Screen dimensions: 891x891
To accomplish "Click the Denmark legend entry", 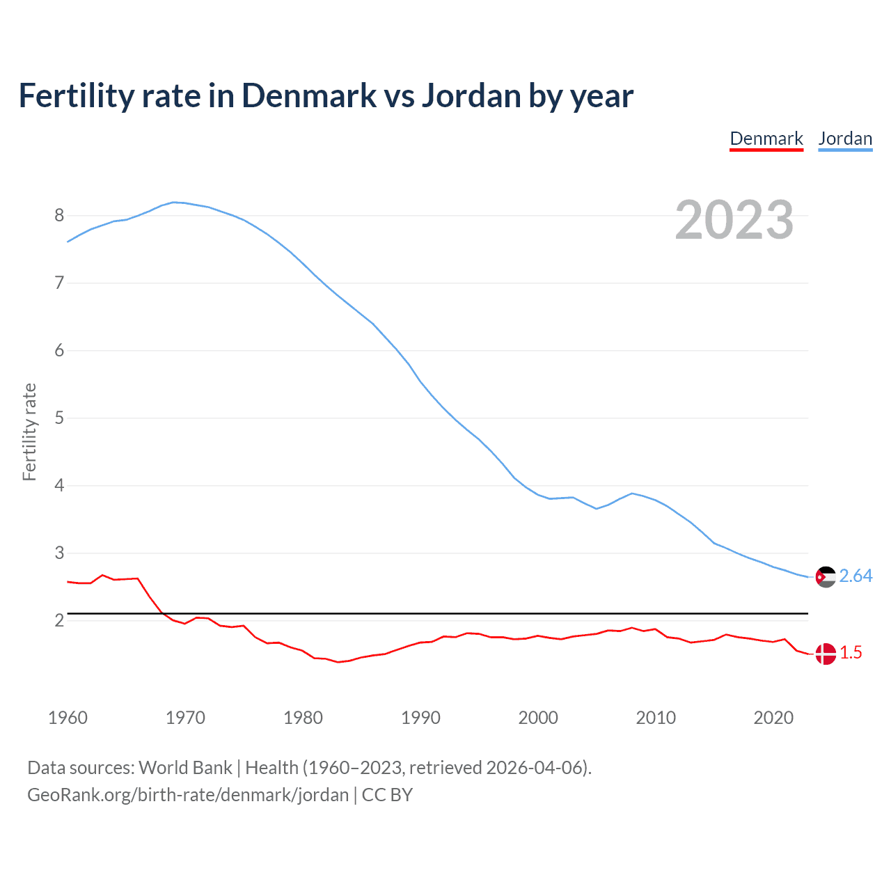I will (766, 139).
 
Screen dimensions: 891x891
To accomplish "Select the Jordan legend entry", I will (845, 139).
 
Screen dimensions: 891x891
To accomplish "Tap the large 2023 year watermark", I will (734, 220).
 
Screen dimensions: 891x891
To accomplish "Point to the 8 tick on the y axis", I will (59, 215).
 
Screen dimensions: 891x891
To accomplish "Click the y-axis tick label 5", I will (59, 418).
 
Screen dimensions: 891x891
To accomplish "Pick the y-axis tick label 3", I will (59, 553).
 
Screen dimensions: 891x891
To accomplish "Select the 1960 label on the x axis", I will (68, 718).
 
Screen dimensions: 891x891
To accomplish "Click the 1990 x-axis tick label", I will (420, 718).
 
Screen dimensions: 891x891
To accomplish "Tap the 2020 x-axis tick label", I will (773, 718).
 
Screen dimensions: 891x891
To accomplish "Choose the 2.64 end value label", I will (855, 576).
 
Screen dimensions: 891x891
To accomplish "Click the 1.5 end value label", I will (851, 653).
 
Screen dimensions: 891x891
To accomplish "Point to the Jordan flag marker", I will (826, 577).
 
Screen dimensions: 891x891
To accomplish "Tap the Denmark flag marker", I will (826, 654).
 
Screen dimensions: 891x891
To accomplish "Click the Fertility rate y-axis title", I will (29, 432).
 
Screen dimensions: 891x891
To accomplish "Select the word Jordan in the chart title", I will (471, 96).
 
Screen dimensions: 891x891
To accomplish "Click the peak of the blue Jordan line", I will (174, 202).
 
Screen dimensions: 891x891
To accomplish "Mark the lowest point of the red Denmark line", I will (338, 662).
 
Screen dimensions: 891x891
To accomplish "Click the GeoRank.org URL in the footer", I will (188, 795).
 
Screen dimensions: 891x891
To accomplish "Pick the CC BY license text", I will (387, 795).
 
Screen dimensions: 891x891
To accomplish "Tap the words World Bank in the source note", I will (185, 768).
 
